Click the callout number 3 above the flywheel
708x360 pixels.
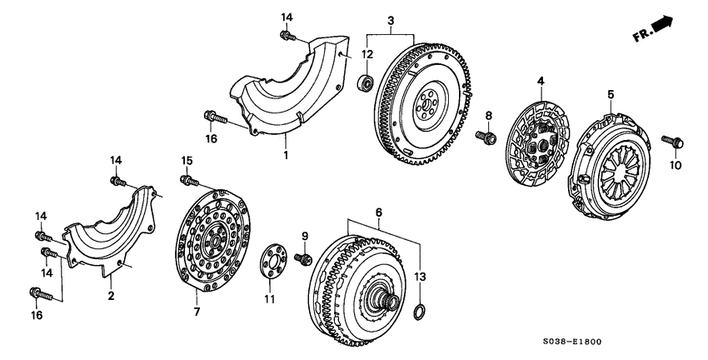[x=391, y=20]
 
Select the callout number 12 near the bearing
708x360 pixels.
[x=366, y=54]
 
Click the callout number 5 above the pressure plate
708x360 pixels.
[x=611, y=95]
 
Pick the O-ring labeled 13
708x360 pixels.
[x=421, y=313]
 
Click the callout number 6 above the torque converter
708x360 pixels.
[x=380, y=213]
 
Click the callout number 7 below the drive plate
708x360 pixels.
[x=197, y=312]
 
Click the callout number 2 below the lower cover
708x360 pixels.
[x=111, y=295]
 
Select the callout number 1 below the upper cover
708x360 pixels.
[x=286, y=154]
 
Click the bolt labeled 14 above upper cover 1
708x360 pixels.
[x=287, y=37]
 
